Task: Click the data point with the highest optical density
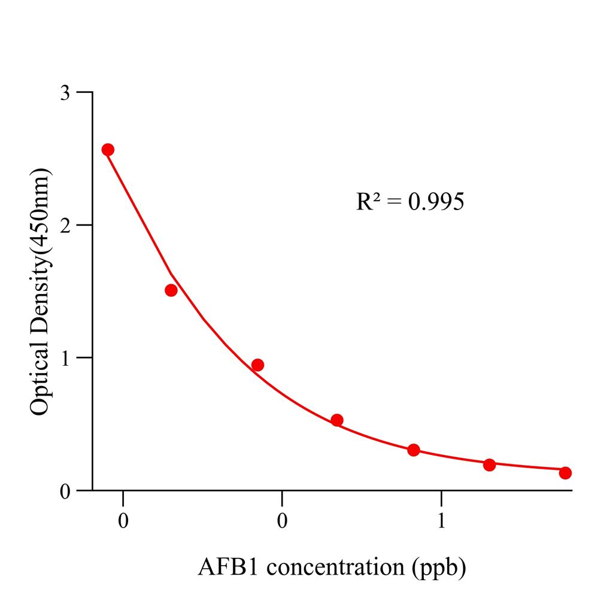tap(108, 150)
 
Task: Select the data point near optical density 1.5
tap(171, 290)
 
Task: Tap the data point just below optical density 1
tap(257, 365)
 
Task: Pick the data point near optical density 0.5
tap(337, 420)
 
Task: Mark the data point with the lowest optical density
tap(565, 473)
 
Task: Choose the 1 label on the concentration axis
tap(441, 520)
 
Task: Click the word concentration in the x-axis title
tap(336, 567)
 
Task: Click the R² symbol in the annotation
tap(369, 202)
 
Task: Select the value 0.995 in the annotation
tap(436, 202)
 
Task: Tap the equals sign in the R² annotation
tap(394, 202)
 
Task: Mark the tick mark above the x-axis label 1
tap(441, 498)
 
